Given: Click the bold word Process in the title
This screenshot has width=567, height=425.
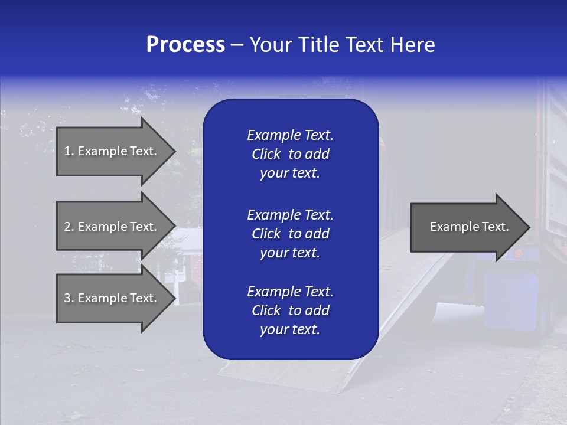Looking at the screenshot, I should coord(185,45).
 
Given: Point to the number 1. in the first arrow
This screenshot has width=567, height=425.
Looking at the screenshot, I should coord(69,151).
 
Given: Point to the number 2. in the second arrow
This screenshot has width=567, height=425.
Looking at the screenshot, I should coord(69,227).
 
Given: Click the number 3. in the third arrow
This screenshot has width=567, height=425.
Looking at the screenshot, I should coord(69,298).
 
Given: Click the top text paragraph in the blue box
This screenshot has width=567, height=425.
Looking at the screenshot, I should coord(290,154).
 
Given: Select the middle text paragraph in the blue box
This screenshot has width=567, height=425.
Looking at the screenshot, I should coord(290,233).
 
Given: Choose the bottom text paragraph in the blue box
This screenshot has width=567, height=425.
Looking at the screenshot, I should coord(290,310).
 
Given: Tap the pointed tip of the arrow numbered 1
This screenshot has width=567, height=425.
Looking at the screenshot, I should coord(173,152).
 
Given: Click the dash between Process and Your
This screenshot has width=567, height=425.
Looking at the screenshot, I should coord(237,45).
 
